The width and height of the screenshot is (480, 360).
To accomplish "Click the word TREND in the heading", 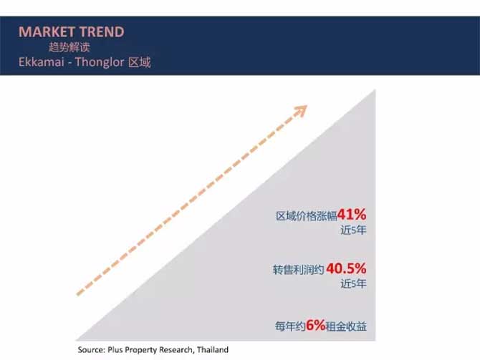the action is click(x=102, y=31).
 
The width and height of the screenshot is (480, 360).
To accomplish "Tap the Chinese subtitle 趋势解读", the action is click(x=69, y=47).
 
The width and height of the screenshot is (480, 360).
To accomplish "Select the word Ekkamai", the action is click(x=42, y=62).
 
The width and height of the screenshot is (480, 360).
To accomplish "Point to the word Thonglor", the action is click(x=100, y=62).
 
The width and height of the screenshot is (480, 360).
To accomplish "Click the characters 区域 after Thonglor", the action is click(x=140, y=62).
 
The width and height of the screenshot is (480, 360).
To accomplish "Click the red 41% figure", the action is click(x=352, y=215).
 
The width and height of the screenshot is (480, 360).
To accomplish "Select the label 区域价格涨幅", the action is click(x=306, y=216).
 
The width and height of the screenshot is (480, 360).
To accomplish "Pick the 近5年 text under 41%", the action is click(x=353, y=230).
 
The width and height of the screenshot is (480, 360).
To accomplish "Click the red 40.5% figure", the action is click(x=346, y=268).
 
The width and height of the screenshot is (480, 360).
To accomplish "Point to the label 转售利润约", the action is click(x=298, y=270).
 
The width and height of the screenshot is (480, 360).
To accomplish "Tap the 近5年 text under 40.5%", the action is click(x=353, y=284).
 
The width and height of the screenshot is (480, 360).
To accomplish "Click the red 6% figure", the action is click(x=316, y=325).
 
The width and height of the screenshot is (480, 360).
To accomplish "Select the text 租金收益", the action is click(x=346, y=326).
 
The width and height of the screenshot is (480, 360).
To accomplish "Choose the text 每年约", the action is click(x=290, y=326).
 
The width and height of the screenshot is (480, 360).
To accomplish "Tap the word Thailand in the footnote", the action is click(x=213, y=349).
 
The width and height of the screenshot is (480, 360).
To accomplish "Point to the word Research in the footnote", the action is click(x=177, y=349).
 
